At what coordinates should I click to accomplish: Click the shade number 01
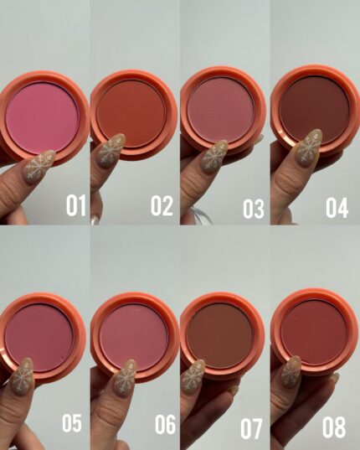76,205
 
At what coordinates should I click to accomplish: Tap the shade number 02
162,205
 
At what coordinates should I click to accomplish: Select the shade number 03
254,209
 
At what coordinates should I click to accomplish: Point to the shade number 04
337,208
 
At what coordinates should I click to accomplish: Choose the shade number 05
72,423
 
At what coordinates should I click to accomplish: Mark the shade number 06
166,424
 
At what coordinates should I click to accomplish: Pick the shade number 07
251,429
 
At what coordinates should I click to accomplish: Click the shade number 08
334,427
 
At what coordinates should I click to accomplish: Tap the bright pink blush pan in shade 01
42,117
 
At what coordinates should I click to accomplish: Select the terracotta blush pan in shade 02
131,114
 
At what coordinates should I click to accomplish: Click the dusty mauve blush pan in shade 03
221,110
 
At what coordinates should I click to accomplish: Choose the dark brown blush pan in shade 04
315,109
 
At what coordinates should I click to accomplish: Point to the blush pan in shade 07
220,335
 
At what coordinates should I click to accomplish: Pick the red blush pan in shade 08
315,332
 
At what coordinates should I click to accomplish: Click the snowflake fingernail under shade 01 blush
39,167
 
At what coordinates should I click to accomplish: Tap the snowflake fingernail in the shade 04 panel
308,147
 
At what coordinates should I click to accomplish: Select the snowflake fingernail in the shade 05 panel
23,377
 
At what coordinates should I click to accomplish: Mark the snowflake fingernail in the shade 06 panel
125,378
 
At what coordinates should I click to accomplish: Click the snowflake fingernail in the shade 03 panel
213,157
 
